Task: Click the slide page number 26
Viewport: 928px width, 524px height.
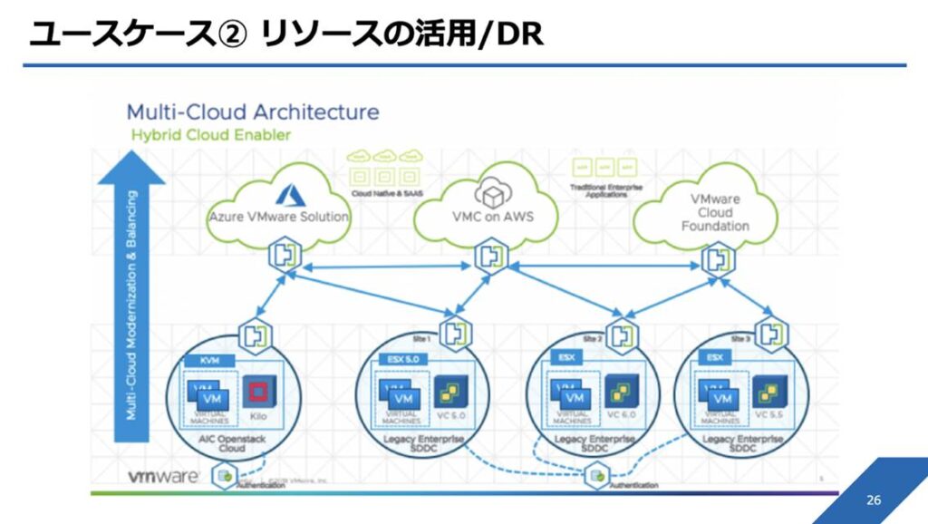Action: [874, 500]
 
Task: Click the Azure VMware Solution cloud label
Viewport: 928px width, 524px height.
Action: [279, 218]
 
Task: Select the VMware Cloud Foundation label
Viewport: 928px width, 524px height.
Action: [715, 212]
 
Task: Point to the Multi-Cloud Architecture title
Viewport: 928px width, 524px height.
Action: [252, 112]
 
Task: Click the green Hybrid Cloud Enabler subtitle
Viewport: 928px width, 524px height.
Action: [211, 134]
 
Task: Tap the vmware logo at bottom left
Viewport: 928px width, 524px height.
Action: [162, 478]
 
